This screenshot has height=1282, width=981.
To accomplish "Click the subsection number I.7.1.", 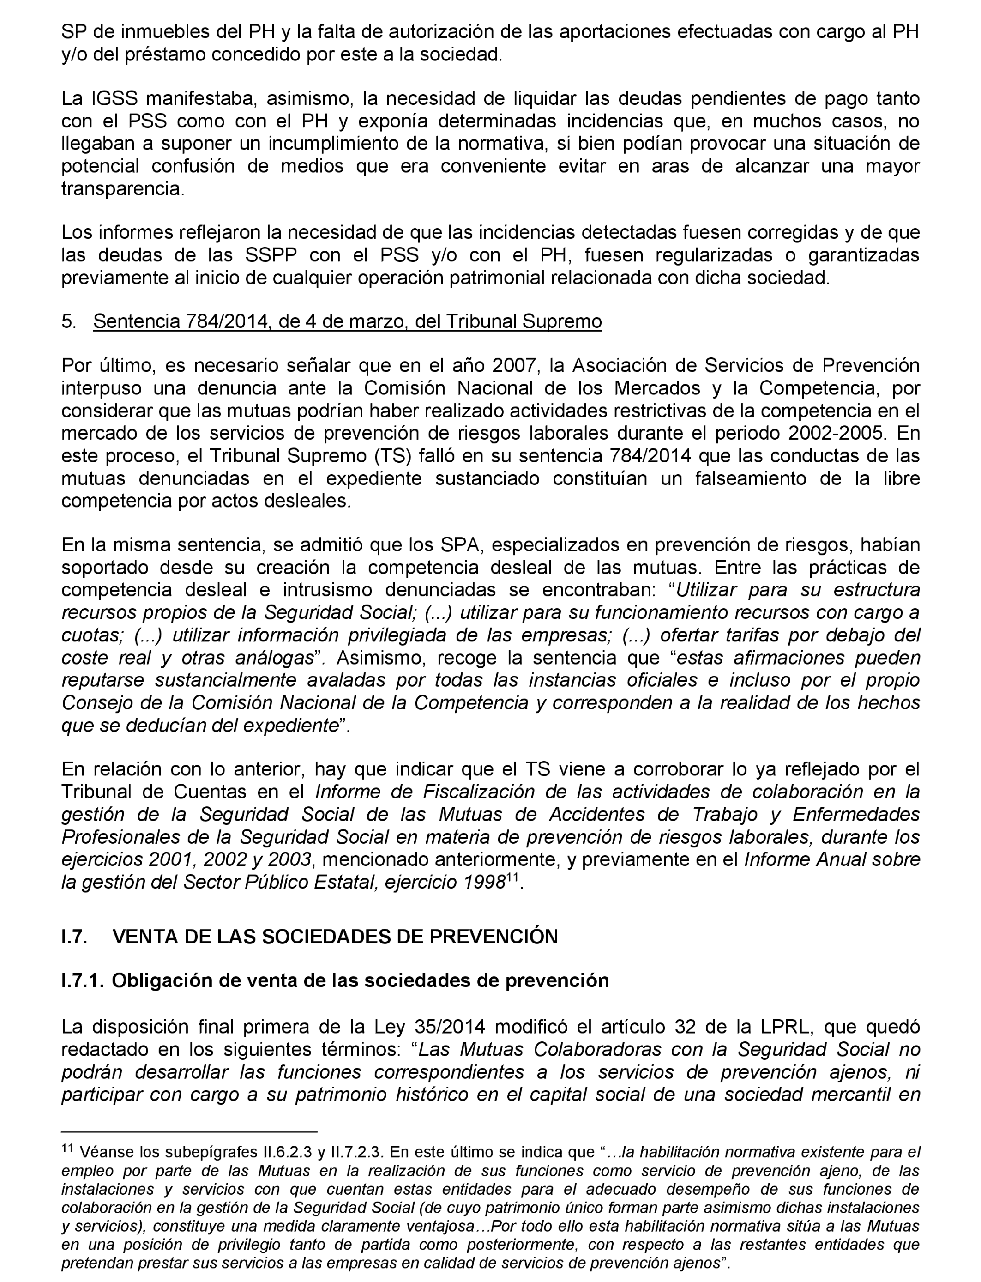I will (82, 980).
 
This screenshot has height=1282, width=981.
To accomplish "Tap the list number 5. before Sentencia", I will (68, 322).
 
